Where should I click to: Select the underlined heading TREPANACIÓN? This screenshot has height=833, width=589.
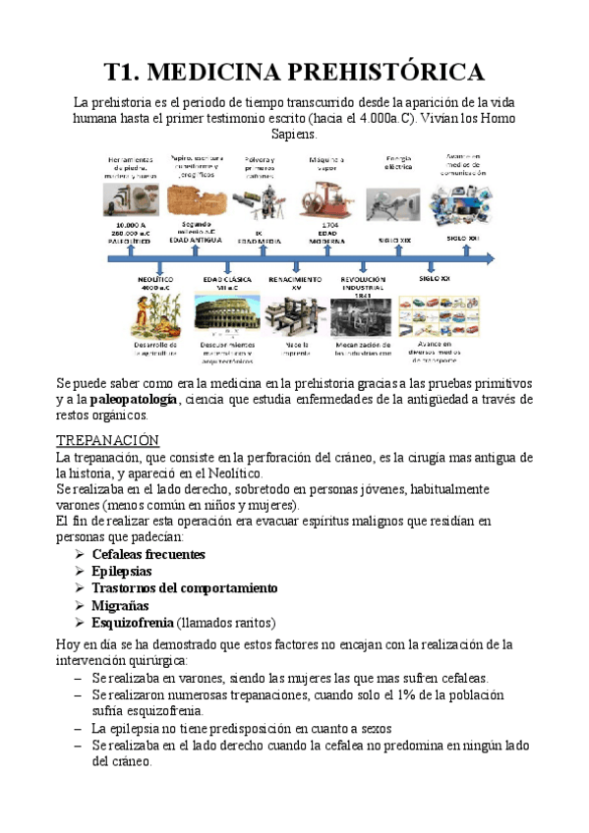click(x=108, y=439)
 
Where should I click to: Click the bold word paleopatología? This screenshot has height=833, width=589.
click(x=136, y=399)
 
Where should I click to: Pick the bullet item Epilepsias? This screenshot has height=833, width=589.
click(x=121, y=572)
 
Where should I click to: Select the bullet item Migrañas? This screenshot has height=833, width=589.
click(x=118, y=605)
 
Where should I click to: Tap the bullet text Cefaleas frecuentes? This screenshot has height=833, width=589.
click(x=148, y=555)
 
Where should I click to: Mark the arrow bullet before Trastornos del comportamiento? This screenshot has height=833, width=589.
click(x=79, y=588)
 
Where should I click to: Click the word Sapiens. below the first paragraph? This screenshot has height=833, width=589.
click(x=294, y=134)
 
